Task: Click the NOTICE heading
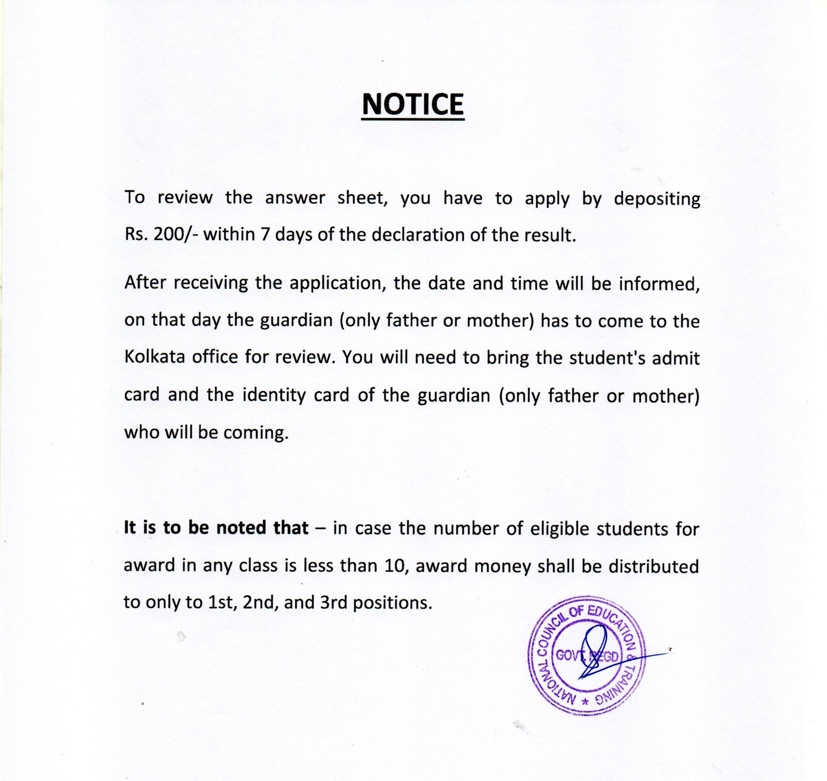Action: pyautogui.click(x=412, y=104)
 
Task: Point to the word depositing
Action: pyautogui.click(x=657, y=199)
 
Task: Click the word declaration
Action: pyautogui.click(x=418, y=235)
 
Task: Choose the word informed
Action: pyautogui.click(x=659, y=284)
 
